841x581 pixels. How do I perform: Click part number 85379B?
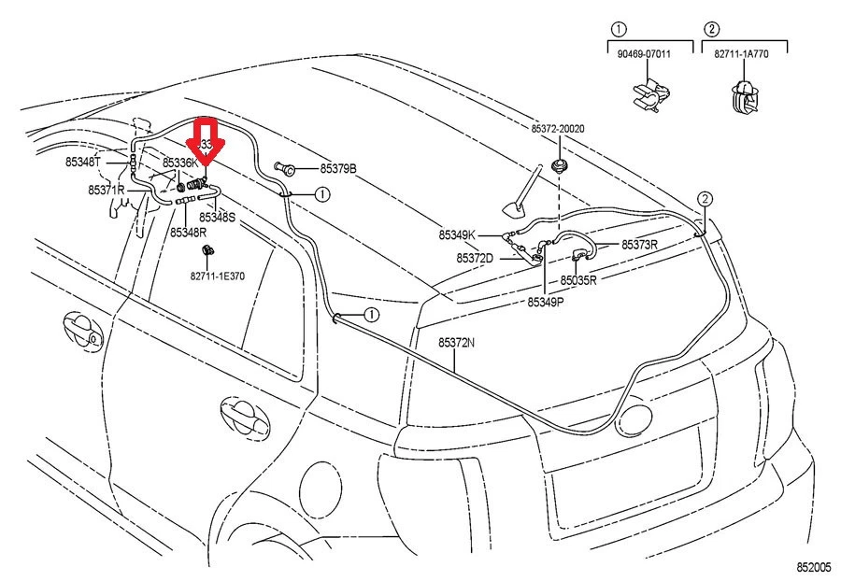(x=338, y=169)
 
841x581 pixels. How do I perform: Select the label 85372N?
(x=456, y=343)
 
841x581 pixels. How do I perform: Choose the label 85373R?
(x=640, y=245)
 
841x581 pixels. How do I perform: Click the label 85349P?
(x=546, y=302)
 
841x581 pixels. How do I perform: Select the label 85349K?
(x=458, y=234)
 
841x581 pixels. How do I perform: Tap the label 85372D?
(x=475, y=258)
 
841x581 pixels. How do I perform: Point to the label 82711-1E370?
(x=217, y=276)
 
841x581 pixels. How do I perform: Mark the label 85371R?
(x=107, y=190)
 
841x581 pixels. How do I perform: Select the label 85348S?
(x=217, y=217)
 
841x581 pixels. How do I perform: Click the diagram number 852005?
(x=813, y=567)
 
